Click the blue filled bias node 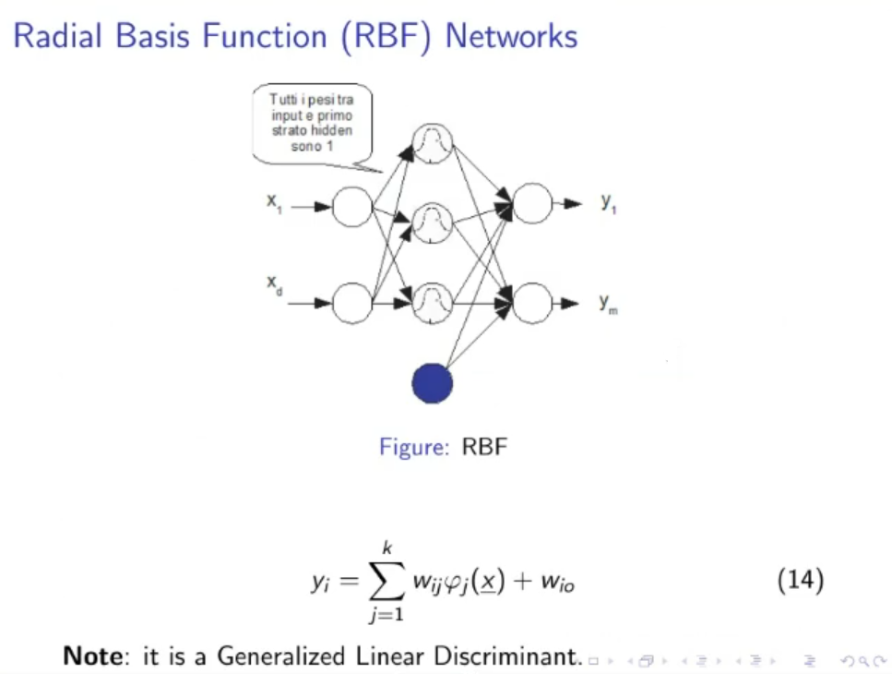(432, 383)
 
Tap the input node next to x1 (351, 207)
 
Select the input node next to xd (351, 303)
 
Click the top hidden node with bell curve (432, 142)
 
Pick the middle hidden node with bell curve (432, 223)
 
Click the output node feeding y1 (532, 204)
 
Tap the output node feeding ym (532, 303)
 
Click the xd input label (274, 284)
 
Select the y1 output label (609, 203)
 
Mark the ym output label (609, 303)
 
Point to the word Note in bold (92, 656)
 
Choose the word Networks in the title (511, 37)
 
